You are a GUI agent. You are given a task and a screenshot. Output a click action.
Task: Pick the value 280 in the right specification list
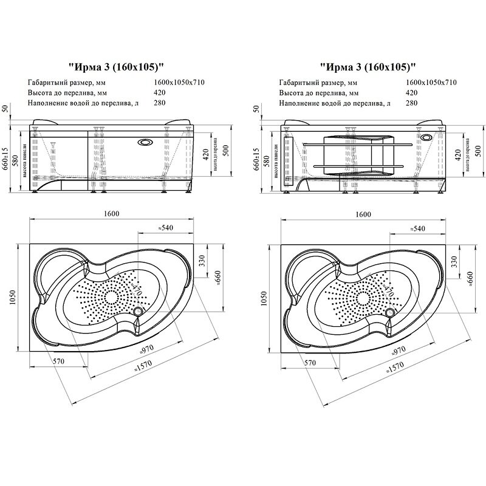(x=411, y=103)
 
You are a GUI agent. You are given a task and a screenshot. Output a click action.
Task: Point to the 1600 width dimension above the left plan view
(x=111, y=214)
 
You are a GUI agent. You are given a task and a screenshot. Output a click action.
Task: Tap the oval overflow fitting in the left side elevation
(x=146, y=143)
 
